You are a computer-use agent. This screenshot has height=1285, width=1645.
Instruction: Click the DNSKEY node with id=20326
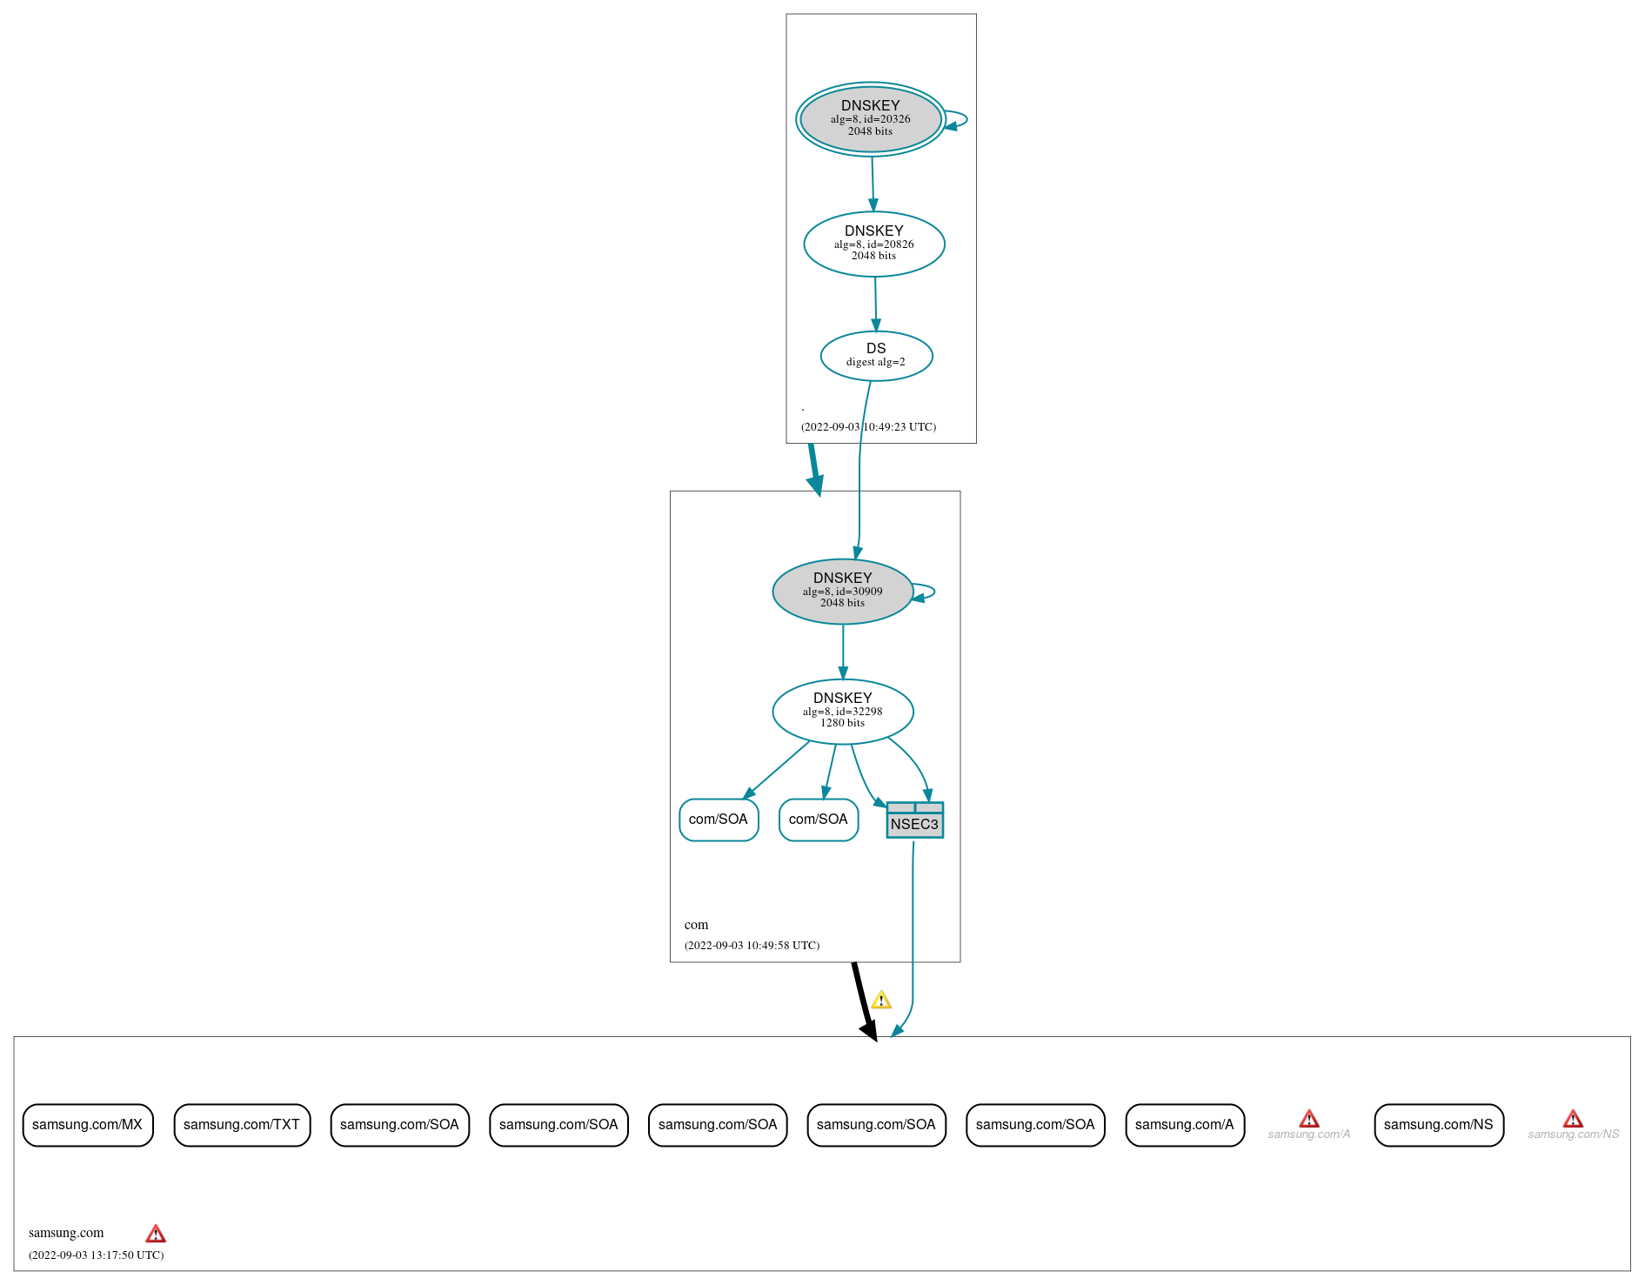pyautogui.click(x=870, y=119)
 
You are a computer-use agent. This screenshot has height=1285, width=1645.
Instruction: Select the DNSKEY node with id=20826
pyautogui.click(x=873, y=244)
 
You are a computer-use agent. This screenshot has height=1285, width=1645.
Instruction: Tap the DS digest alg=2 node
pyautogui.click(x=876, y=356)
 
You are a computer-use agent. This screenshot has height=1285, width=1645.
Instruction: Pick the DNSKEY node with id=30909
pyautogui.click(x=842, y=592)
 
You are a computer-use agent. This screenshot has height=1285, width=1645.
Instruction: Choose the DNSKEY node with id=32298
pyautogui.click(x=842, y=712)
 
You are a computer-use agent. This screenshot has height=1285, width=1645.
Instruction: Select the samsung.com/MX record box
pyautogui.click(x=88, y=1125)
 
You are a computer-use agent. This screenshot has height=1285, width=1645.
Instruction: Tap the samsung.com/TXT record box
pyautogui.click(x=242, y=1125)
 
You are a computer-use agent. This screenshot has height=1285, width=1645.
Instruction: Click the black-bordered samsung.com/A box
pyautogui.click(x=1185, y=1125)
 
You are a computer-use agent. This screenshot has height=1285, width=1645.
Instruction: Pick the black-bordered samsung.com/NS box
pyautogui.click(x=1439, y=1125)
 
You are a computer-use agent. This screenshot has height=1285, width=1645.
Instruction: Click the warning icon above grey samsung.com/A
pyautogui.click(x=1308, y=1119)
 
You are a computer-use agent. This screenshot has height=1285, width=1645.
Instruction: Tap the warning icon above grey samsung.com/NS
pyautogui.click(x=1573, y=1119)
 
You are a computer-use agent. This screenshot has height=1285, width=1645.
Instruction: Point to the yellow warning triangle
pyautogui.click(x=881, y=1000)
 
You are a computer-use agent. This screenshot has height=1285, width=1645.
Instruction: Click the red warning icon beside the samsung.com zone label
pyautogui.click(x=156, y=1234)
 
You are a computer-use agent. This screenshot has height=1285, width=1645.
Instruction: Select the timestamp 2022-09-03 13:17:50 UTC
pyautogui.click(x=96, y=1255)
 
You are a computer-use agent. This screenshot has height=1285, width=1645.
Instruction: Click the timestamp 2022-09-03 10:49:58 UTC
pyautogui.click(x=752, y=946)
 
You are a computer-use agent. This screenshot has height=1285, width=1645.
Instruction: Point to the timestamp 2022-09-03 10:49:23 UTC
pyautogui.click(x=868, y=427)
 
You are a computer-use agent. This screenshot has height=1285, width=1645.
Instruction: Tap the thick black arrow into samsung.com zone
pyautogui.click(x=863, y=1001)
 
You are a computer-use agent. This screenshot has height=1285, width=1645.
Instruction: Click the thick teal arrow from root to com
pyautogui.click(x=814, y=470)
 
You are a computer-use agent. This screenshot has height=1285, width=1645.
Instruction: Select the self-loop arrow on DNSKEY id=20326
pyautogui.click(x=959, y=120)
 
